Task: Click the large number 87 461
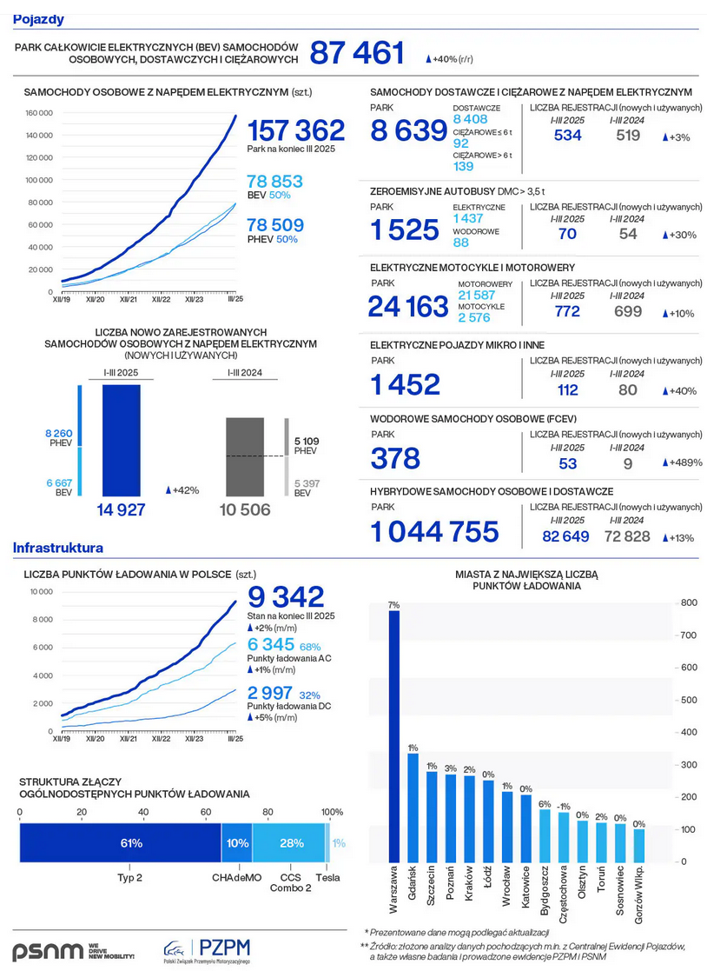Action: pyautogui.click(x=357, y=54)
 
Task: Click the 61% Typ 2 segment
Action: pyautogui.click(x=121, y=843)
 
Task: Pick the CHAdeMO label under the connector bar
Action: pyautogui.click(x=236, y=878)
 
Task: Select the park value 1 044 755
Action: pyautogui.click(x=435, y=531)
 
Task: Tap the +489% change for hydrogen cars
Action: pyautogui.click(x=682, y=463)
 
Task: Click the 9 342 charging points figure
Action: pyautogui.click(x=286, y=596)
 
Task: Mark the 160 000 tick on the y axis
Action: pyautogui.click(x=40, y=113)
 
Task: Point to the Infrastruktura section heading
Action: pyautogui.click(x=58, y=549)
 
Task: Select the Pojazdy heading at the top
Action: pyautogui.click(x=38, y=19)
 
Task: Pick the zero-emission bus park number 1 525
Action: pyautogui.click(x=405, y=230)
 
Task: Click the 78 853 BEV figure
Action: pyautogui.click(x=274, y=182)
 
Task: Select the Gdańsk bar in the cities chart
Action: pyautogui.click(x=413, y=807)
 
